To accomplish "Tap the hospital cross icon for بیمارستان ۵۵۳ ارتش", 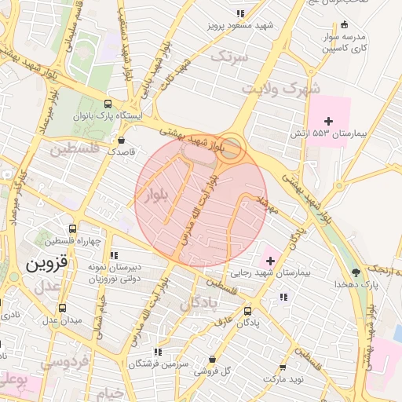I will (x=328, y=120).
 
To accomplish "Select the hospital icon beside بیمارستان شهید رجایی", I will (x=270, y=259).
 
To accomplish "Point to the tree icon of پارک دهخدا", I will (x=356, y=272).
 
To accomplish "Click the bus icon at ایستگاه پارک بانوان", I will (x=108, y=104).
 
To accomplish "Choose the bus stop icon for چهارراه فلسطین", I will (x=72, y=228).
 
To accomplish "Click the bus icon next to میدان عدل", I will (x=62, y=308).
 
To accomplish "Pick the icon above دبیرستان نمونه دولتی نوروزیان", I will (x=115, y=255).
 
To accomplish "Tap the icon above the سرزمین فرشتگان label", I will (x=158, y=353).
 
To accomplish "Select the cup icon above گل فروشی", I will (x=212, y=360).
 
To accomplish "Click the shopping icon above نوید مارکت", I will (x=283, y=367).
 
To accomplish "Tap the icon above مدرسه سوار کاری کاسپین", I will (x=343, y=24).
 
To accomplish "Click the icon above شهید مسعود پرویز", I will (x=240, y=13).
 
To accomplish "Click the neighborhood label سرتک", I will (x=230, y=57).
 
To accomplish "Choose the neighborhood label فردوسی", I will (x=64, y=363).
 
